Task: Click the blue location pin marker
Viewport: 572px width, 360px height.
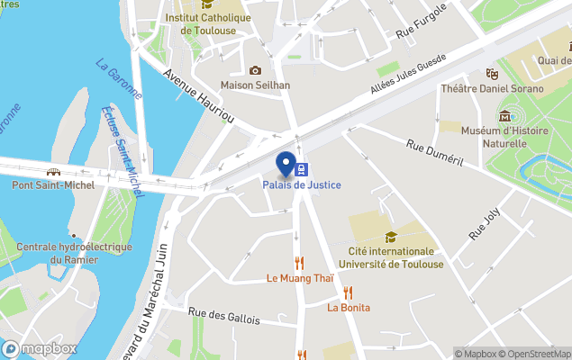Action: point(288,166)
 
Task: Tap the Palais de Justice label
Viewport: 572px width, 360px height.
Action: point(302,185)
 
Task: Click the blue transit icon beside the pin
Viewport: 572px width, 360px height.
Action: point(304,168)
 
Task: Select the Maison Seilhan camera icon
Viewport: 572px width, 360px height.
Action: point(255,70)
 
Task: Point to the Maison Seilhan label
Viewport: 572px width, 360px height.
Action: point(255,85)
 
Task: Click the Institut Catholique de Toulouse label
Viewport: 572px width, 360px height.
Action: point(208,23)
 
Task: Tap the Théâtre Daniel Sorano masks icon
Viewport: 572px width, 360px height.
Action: point(492,74)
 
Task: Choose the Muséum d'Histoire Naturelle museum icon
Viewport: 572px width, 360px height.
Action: point(504,116)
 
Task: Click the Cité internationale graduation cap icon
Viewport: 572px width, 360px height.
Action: point(391,237)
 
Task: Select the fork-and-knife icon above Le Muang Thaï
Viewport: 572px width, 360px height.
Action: point(300,264)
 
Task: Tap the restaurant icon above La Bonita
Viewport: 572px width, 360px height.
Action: point(348,292)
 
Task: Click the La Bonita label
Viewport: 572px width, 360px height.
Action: point(349,308)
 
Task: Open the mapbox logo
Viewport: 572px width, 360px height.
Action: point(40,348)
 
